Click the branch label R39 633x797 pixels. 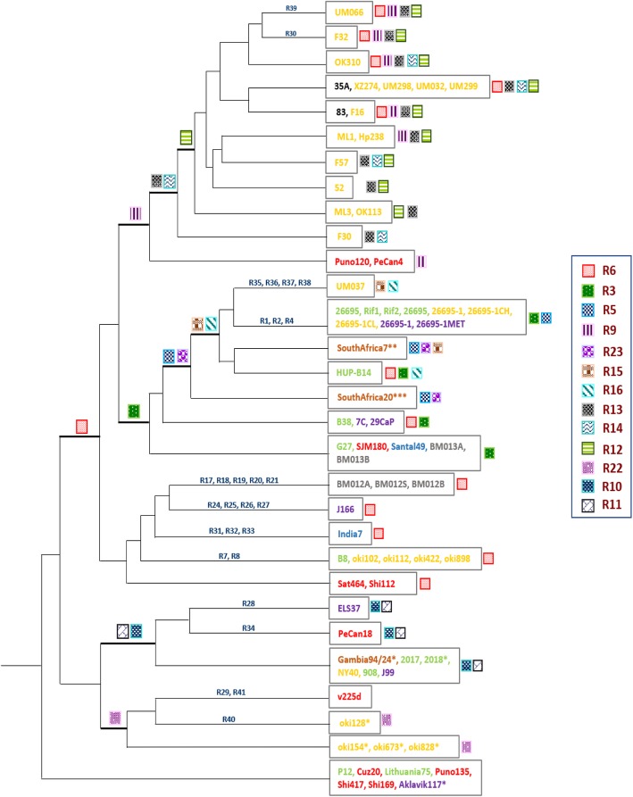click(x=292, y=8)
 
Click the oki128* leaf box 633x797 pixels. click(x=351, y=720)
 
